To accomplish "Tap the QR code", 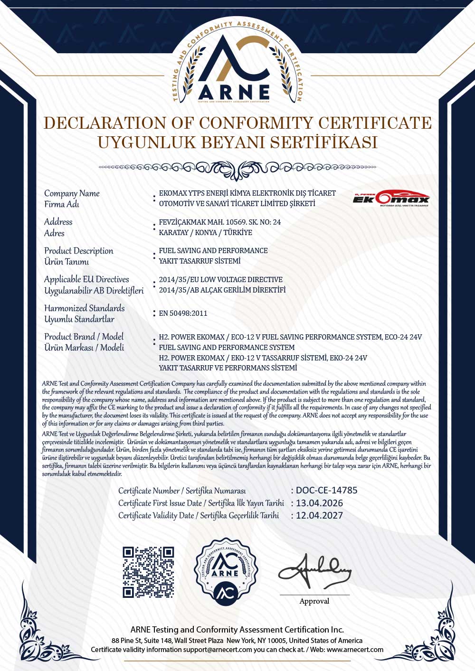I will tap(148, 572).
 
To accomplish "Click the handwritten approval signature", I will tap(314, 570).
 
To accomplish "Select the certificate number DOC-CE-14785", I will tap(326, 490).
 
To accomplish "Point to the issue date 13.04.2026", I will tap(319, 503).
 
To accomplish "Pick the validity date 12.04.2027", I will tap(319, 515).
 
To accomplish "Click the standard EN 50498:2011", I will tap(183, 313).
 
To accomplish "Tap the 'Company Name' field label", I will tap(72, 193).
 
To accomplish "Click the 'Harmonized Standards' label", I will tap(84, 308).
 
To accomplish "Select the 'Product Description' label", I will tap(78, 251).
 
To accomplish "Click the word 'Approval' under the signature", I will tap(314, 601).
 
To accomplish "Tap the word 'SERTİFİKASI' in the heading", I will tap(323, 142).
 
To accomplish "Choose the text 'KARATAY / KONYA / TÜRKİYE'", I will tap(205, 233).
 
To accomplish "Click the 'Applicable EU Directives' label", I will tap(86, 279).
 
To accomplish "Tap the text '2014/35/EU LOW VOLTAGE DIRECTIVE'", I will tap(220, 280).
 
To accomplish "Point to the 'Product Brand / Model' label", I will tap(84, 337).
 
